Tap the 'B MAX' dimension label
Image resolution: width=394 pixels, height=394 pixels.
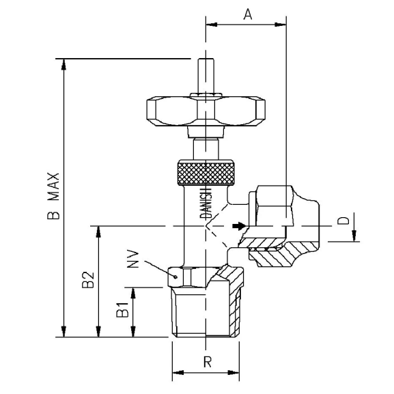tap(53, 196)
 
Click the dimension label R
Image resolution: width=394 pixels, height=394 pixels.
tap(207, 362)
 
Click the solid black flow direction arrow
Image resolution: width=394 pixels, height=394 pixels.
tap(237, 225)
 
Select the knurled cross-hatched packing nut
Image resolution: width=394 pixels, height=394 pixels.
tap(207, 173)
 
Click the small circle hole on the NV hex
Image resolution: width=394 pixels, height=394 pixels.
tap(177, 277)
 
